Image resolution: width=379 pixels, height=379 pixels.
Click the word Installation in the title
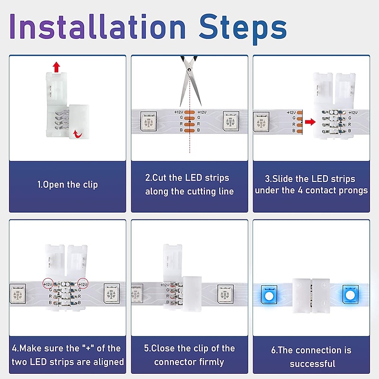[98, 27]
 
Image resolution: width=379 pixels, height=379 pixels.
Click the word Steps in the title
[243, 29]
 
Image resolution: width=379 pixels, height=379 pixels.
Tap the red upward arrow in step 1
[56, 67]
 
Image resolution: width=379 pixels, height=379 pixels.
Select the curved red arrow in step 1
[78, 134]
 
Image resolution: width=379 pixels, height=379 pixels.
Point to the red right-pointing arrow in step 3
[310, 122]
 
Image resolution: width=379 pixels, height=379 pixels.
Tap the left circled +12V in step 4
[48, 284]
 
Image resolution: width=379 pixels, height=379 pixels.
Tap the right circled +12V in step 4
[83, 284]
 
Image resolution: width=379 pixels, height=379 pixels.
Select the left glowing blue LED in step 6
[269, 295]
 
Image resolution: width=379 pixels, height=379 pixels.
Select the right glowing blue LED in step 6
[351, 295]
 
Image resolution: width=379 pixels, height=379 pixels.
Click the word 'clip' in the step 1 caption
[90, 185]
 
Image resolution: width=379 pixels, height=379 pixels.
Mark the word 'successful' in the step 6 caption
[312, 363]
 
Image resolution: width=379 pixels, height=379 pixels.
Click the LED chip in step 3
[261, 122]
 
